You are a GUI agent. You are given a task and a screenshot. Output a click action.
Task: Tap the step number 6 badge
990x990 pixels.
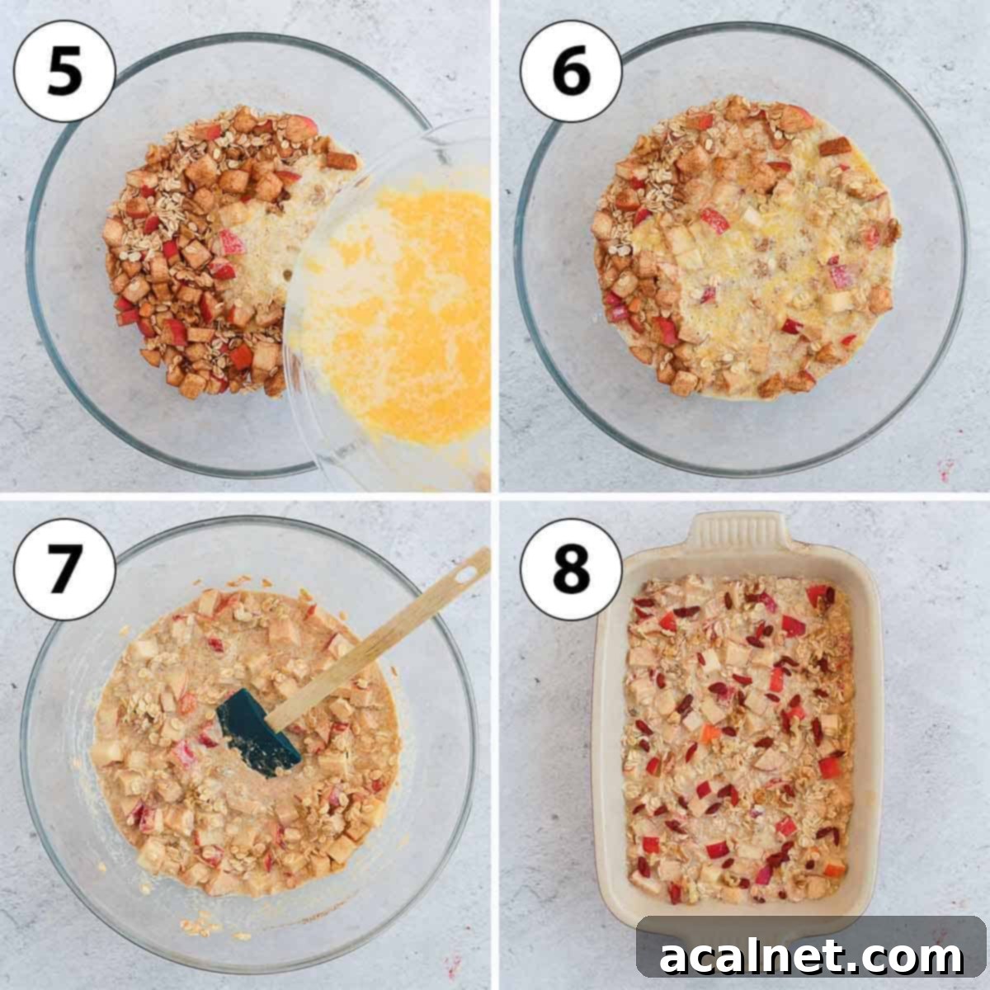571,72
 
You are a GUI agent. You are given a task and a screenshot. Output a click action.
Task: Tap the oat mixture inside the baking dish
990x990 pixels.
734,742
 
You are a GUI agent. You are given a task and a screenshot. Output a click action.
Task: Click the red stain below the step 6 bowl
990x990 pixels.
945,473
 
